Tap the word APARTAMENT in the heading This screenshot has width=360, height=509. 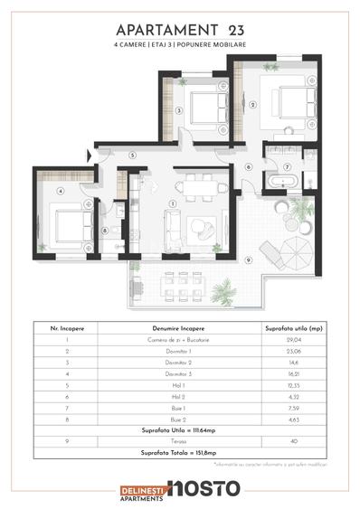coord(155,28)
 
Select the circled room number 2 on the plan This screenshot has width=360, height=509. coord(252,105)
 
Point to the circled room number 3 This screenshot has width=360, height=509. coord(180,110)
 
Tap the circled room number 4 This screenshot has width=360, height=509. coord(59,191)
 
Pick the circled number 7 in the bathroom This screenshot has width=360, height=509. coord(286,167)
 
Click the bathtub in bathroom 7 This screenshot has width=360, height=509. coord(282,182)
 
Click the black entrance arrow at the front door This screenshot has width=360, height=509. coord(89,155)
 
